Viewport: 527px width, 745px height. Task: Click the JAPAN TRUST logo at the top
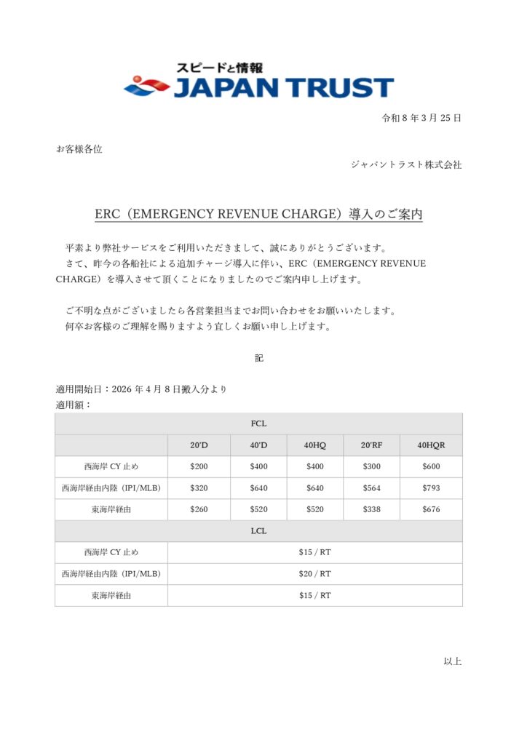(x=259, y=81)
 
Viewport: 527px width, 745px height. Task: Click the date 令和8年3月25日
(x=422, y=118)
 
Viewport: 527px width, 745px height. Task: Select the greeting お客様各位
(x=79, y=149)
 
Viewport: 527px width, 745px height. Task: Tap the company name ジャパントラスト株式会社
(x=406, y=164)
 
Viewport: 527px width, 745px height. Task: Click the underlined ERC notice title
(x=259, y=215)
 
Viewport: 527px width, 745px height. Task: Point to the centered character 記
(x=258, y=358)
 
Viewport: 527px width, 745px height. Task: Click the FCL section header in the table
(x=258, y=423)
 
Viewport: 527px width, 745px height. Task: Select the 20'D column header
(x=199, y=445)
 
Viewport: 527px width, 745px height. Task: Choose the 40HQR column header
(x=431, y=445)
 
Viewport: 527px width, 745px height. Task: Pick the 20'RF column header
(x=371, y=445)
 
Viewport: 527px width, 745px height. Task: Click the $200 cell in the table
(x=199, y=466)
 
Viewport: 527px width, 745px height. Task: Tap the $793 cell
(x=431, y=488)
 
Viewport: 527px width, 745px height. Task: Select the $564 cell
(x=371, y=488)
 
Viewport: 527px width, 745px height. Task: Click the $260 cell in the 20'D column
(x=199, y=509)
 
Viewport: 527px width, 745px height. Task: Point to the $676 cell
(x=431, y=509)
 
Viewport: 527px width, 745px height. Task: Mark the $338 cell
(x=371, y=509)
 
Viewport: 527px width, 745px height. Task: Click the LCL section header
(x=258, y=531)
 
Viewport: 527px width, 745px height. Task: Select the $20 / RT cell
(x=314, y=574)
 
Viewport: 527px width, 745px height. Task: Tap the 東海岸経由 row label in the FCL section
(x=111, y=509)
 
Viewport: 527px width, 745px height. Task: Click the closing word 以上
(x=452, y=661)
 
